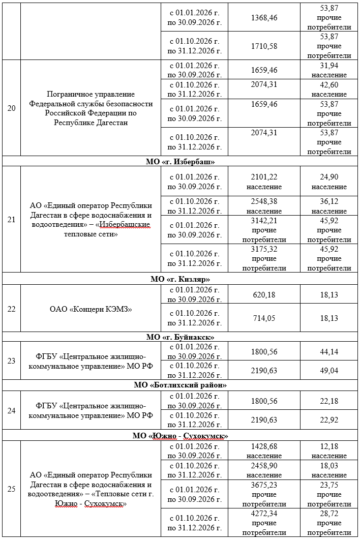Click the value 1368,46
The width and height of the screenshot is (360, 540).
coord(264,18)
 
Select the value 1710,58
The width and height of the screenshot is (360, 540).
coord(264,46)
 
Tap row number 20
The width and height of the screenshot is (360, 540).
coord(11,108)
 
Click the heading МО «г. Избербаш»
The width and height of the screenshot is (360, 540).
coord(180,162)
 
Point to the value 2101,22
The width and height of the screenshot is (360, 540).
coord(264,177)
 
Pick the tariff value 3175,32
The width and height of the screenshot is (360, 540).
coord(264,249)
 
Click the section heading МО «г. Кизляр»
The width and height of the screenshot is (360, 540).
coord(180,279)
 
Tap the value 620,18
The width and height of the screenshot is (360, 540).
coord(264,295)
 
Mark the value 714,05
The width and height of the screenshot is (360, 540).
coord(264,318)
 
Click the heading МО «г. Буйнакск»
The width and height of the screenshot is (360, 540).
coord(180,337)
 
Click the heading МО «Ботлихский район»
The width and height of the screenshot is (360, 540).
coord(180,385)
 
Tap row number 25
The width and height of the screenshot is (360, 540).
coord(11,489)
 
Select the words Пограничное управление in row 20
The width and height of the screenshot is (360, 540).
coord(91,94)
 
